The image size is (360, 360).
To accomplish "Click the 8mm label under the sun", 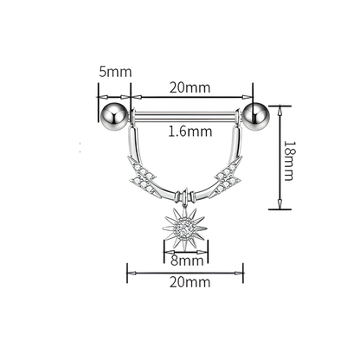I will (186, 260).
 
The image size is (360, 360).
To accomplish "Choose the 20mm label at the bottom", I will (190, 282).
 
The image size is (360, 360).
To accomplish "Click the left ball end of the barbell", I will (114, 114).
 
